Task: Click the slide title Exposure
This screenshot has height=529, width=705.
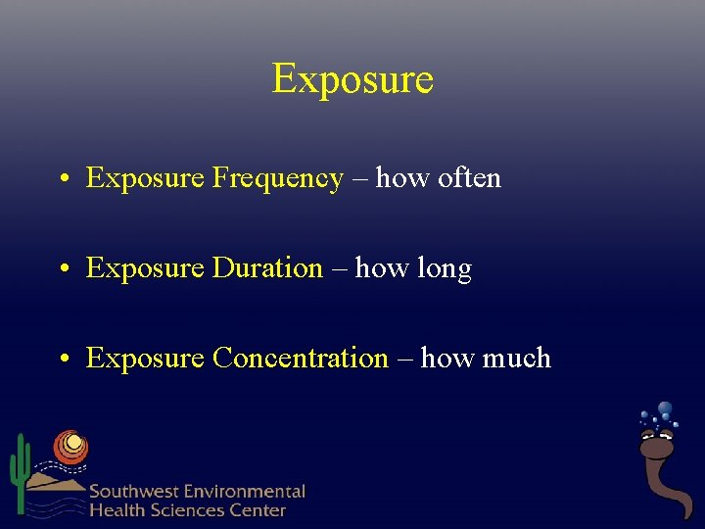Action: [x=352, y=78]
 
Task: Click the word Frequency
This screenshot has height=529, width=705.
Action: [x=277, y=178]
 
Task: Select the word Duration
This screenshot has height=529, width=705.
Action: [x=267, y=268]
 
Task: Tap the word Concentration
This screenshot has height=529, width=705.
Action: [x=301, y=359]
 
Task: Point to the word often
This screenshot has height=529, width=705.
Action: [x=469, y=178]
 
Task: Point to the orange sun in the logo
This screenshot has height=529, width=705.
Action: [x=70, y=447]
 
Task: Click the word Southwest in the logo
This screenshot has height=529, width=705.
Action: [x=132, y=492]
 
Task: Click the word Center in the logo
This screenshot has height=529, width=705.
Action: [x=258, y=509]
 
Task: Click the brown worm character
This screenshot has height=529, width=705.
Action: [x=660, y=470]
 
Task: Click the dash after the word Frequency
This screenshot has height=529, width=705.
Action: [x=359, y=179]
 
